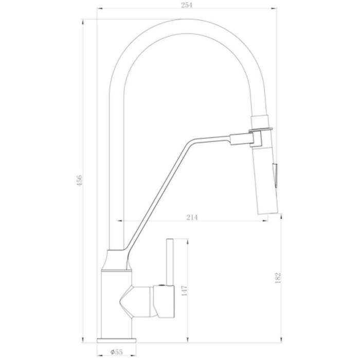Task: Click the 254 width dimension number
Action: point(186,5)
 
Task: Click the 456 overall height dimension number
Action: point(79,181)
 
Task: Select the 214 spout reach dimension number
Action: point(192,217)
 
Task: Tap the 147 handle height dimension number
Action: point(184,291)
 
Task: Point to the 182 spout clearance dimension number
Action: point(278,278)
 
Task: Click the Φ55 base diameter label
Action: point(117,351)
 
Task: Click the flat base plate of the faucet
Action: point(117,340)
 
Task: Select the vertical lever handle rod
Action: point(170,262)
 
